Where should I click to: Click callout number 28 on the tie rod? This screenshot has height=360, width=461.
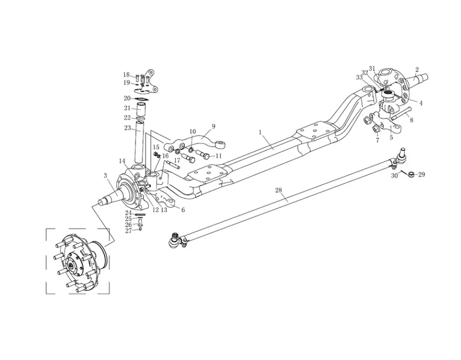pos(279,191)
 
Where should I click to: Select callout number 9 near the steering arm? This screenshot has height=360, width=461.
pos(213,126)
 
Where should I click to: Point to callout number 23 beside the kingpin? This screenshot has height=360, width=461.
pos(127,128)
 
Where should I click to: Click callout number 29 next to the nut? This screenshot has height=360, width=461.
pos(422,175)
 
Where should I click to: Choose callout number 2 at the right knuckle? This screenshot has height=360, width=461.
pos(417,70)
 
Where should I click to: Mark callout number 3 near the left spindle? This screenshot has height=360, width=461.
pos(105,176)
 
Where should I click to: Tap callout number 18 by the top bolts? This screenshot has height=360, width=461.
pos(126,75)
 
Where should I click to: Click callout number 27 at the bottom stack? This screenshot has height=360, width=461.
pos(128,231)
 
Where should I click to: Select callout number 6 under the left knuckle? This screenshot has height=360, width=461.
pos(183,210)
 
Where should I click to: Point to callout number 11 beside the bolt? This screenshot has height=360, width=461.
pos(218,156)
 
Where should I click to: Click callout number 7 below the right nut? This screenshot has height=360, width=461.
pos(377,141)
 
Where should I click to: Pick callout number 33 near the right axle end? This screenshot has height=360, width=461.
pos(359,77)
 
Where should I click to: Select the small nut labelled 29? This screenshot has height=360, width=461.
pos(411,175)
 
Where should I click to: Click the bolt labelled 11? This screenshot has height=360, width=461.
pos(202,155)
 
